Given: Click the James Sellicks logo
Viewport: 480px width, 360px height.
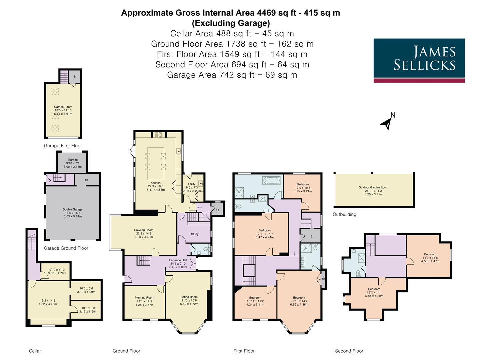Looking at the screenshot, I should click(x=419, y=60).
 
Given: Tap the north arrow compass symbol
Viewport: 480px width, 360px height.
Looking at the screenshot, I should click(x=387, y=122).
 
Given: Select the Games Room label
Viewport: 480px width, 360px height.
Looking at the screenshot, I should click(x=63, y=107).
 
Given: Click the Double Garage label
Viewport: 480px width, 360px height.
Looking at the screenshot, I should click(x=72, y=210).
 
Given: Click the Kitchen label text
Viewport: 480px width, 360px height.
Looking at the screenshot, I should click(x=155, y=183).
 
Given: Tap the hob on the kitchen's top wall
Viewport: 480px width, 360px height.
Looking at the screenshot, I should click(x=158, y=135).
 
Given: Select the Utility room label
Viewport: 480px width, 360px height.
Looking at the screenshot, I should click(x=192, y=184).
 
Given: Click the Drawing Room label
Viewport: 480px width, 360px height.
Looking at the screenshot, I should click(x=144, y=230).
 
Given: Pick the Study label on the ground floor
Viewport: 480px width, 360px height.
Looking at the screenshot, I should click(x=195, y=234).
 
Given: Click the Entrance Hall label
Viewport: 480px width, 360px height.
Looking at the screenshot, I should click(x=178, y=260).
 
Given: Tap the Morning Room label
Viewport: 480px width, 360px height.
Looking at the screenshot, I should click(x=144, y=298).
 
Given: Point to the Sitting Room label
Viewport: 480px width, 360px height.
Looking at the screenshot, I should click(x=189, y=297).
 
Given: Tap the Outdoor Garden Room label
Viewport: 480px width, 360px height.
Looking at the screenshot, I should click(x=373, y=187).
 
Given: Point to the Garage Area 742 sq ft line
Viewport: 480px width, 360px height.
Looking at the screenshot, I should click(x=232, y=75).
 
